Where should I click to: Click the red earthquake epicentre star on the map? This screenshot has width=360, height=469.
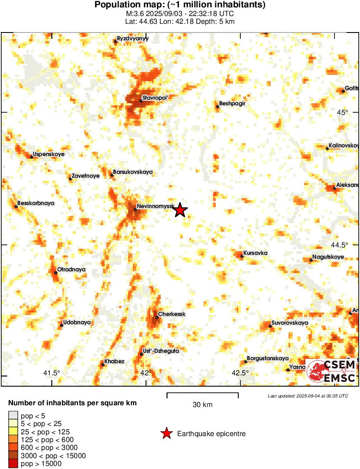point(180,211)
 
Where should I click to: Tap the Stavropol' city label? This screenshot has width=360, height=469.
point(156,98)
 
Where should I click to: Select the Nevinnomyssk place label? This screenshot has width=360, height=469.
point(155,206)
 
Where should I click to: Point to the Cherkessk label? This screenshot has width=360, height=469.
point(172,314)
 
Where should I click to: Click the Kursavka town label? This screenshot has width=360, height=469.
point(256,253)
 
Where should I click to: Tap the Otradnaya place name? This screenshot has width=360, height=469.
point(71,270)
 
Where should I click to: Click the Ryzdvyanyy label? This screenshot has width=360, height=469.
point(133,39)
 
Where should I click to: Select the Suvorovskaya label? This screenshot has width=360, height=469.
point(289,323)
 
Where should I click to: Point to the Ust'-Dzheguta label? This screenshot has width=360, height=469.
point(160,351)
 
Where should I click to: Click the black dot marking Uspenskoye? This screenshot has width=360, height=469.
point(32,157)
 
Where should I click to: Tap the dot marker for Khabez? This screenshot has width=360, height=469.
point(103,365)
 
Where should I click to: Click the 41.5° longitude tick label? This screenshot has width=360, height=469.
point(52,372)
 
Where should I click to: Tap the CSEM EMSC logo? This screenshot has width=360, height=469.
point(331,372)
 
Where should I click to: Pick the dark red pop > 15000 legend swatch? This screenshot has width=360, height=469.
point(13,464)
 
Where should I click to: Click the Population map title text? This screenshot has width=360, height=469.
point(180,5)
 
